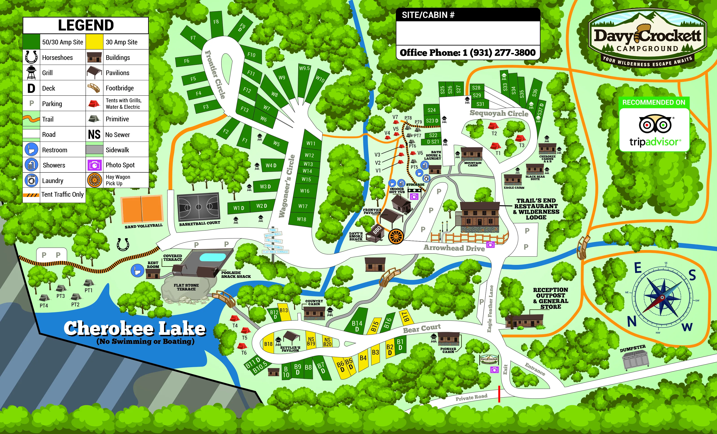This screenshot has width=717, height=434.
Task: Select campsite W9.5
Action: [304, 69]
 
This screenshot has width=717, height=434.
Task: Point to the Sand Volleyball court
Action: [142, 209]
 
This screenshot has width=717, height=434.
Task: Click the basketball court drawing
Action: [198, 207]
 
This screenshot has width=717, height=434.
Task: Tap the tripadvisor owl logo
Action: [655, 124]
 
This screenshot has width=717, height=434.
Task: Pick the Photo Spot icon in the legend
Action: [94, 165]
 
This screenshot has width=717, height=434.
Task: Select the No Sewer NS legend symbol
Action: [94, 134]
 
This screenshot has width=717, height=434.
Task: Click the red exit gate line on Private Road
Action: [499, 394]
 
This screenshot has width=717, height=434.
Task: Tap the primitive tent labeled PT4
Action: [44, 298]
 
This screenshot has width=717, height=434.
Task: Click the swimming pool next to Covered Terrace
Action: [213, 257]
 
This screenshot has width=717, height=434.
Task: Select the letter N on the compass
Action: [631, 322]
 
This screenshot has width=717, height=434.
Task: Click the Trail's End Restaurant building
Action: [480, 217]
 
